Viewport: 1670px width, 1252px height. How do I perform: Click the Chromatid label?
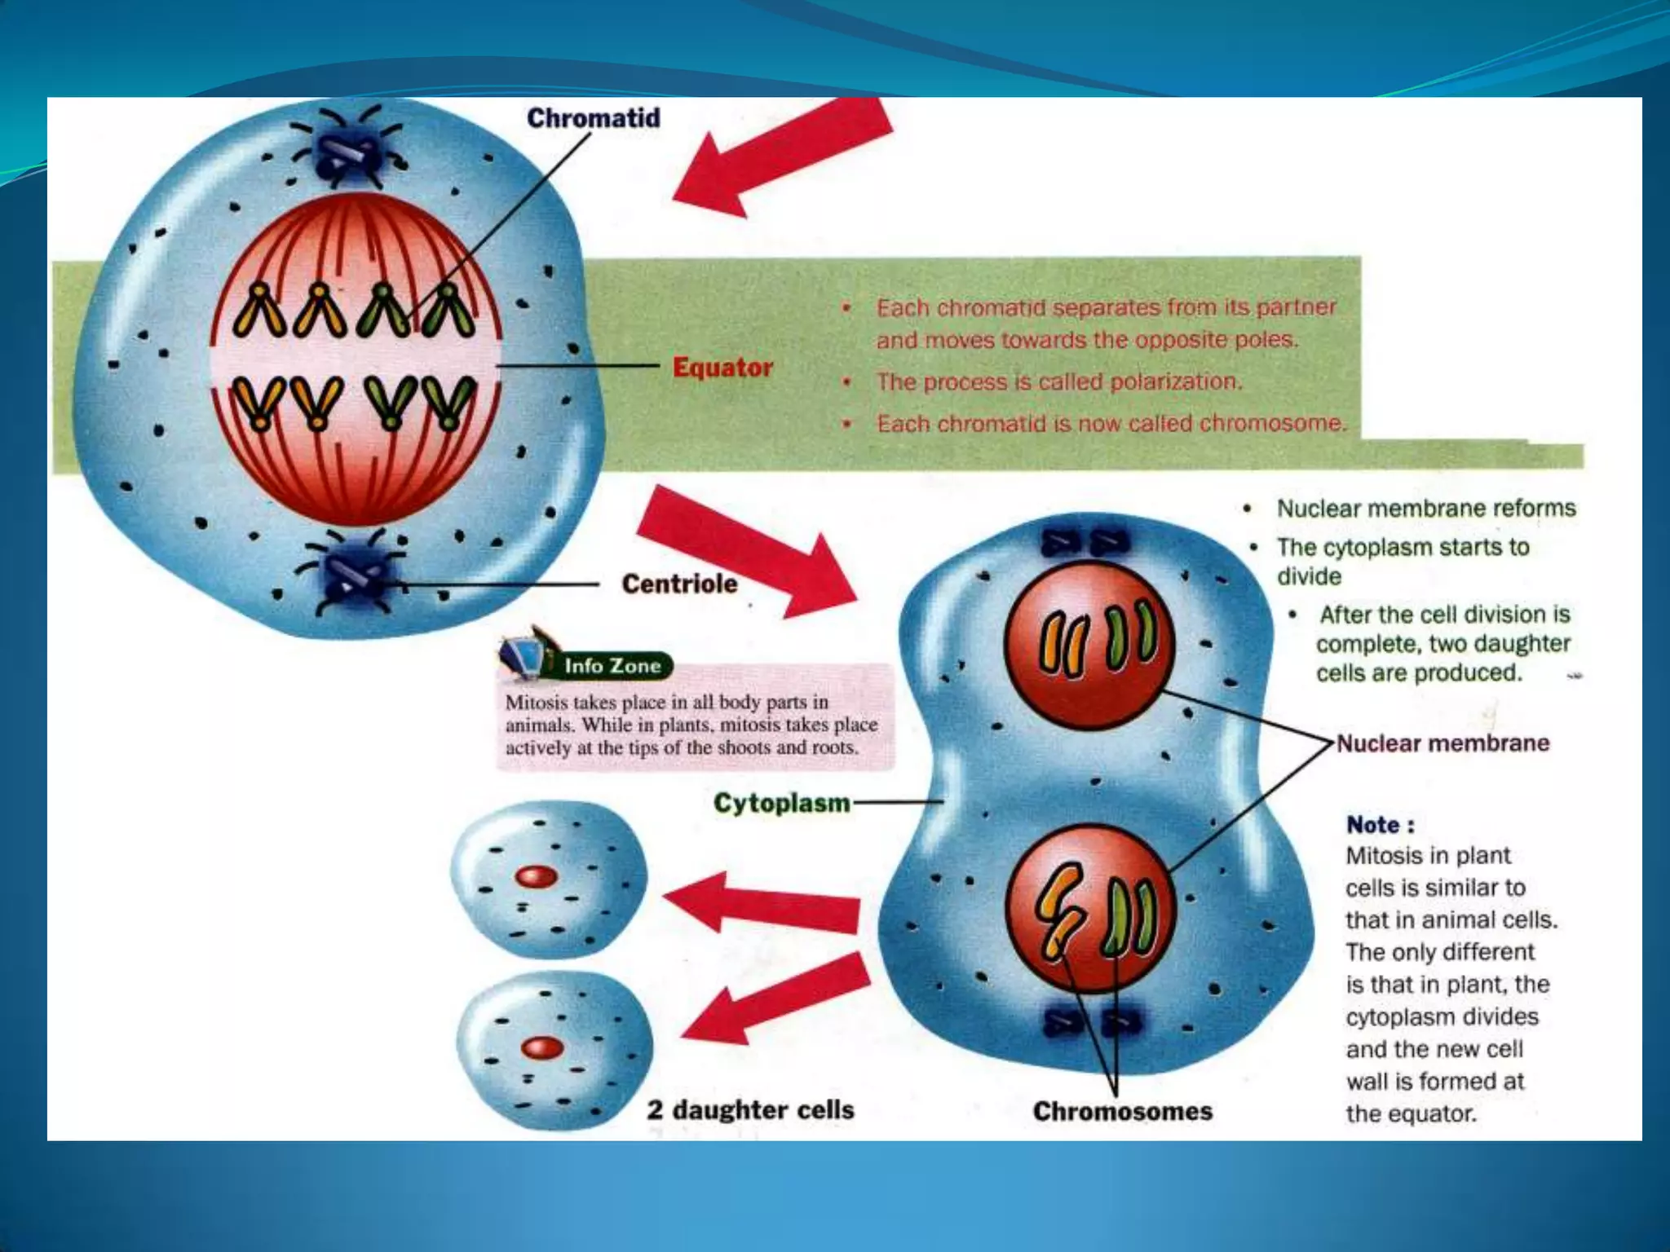(x=593, y=118)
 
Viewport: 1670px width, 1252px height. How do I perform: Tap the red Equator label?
(x=722, y=368)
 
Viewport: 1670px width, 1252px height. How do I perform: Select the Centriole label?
(x=679, y=584)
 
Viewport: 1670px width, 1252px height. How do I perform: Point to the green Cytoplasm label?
(x=781, y=803)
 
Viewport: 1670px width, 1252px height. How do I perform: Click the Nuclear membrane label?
(x=1442, y=743)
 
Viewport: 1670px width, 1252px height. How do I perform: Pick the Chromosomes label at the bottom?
(x=1122, y=1111)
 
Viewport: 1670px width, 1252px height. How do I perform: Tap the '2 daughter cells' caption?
(x=750, y=1109)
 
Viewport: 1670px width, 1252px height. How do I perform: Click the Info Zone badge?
(x=611, y=666)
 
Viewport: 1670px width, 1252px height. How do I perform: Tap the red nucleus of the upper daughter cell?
(x=536, y=877)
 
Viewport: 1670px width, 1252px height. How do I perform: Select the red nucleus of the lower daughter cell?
(x=542, y=1047)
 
